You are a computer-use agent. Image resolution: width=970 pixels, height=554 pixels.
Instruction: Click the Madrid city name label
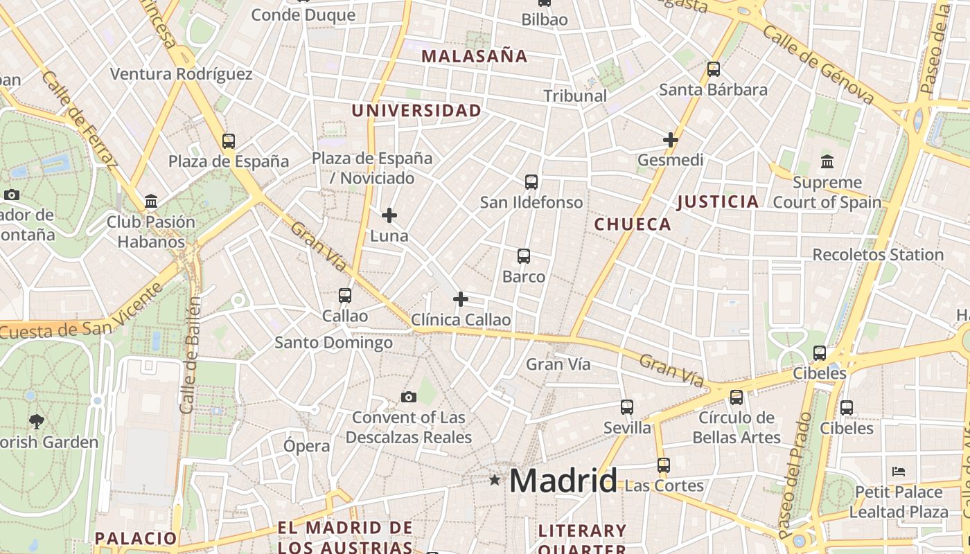pyautogui.click(x=563, y=481)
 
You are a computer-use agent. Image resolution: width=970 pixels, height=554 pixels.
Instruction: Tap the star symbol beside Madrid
pyautogui.click(x=495, y=479)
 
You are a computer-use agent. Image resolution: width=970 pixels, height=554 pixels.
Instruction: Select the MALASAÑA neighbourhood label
pyautogui.click(x=475, y=56)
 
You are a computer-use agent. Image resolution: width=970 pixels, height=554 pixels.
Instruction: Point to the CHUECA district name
pyautogui.click(x=633, y=224)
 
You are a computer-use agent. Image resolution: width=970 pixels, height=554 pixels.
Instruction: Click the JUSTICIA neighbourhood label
pyautogui.click(x=718, y=202)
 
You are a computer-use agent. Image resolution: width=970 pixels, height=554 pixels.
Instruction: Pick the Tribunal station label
pyautogui.click(x=575, y=96)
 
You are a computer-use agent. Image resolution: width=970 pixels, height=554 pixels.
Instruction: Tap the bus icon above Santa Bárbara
pyautogui.click(x=714, y=69)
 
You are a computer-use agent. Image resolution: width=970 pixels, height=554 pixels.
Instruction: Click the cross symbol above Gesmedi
pyautogui.click(x=670, y=140)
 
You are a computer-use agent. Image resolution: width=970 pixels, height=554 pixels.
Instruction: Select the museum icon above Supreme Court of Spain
pyautogui.click(x=827, y=162)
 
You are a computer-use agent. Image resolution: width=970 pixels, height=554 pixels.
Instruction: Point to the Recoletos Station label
pyautogui.click(x=878, y=255)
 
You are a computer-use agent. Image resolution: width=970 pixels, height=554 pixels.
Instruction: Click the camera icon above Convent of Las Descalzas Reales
pyautogui.click(x=409, y=397)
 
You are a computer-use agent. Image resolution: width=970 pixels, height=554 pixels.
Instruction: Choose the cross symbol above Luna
pyautogui.click(x=389, y=215)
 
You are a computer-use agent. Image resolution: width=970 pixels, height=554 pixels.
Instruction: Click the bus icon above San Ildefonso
pyautogui.click(x=531, y=182)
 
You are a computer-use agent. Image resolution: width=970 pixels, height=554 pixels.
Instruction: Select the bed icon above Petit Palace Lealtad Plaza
pyautogui.click(x=899, y=472)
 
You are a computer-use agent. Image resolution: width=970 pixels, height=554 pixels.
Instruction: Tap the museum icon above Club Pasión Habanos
pyautogui.click(x=150, y=202)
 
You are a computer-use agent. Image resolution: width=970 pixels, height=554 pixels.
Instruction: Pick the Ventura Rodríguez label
pyautogui.click(x=181, y=74)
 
